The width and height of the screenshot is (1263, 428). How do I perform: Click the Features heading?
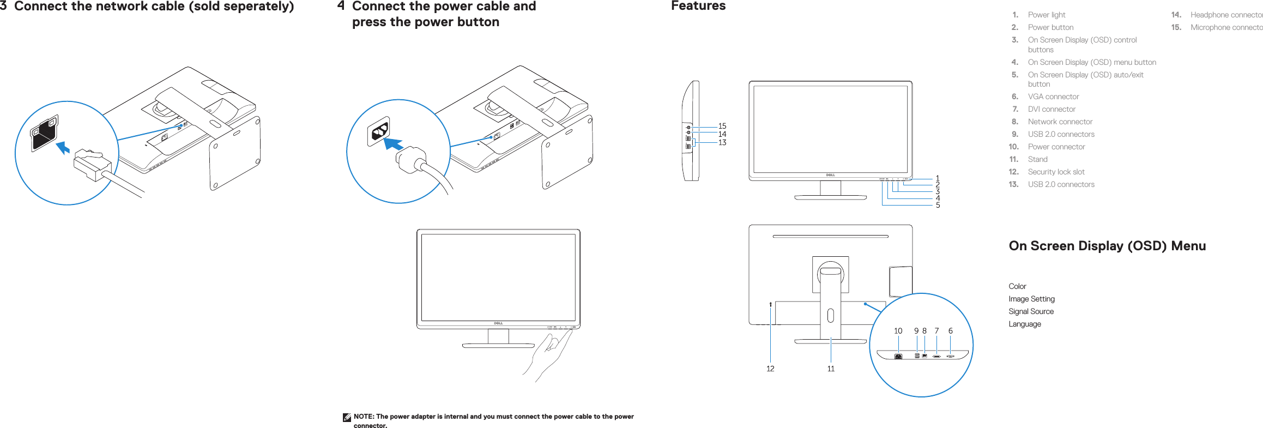(x=698, y=6)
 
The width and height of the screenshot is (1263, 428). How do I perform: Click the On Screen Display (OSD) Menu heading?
(x=1107, y=246)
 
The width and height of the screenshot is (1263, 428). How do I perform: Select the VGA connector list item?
(x=1053, y=97)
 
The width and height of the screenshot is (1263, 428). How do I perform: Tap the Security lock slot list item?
(x=1055, y=172)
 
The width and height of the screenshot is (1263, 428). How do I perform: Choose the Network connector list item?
(x=1060, y=122)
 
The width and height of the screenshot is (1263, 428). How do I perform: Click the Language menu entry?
(x=1024, y=324)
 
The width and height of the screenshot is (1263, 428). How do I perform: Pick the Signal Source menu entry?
(x=1031, y=311)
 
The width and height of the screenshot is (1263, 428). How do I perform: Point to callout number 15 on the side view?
(x=722, y=126)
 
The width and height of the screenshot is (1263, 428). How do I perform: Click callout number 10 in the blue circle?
(x=898, y=331)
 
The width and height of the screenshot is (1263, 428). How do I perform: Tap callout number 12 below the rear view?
(x=770, y=369)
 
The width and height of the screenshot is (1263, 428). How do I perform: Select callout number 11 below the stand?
(x=831, y=369)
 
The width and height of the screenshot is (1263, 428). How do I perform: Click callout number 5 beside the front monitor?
(x=938, y=206)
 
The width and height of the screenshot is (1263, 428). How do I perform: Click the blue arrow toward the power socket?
(x=393, y=144)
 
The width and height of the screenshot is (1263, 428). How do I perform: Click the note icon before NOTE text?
(x=347, y=417)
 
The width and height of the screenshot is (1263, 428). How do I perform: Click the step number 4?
(x=341, y=6)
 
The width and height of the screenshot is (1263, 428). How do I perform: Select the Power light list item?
(x=1046, y=15)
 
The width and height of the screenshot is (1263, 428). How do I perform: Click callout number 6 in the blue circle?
(x=951, y=331)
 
